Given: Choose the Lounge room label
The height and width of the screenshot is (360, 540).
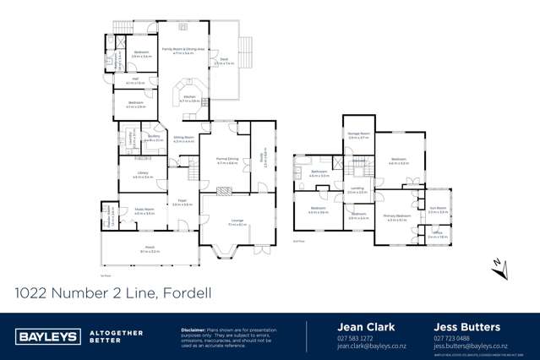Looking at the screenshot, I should click(237, 221).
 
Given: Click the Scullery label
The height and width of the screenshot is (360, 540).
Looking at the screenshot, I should click(154, 137).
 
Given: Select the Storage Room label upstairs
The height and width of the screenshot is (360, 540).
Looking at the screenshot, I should click(359, 134).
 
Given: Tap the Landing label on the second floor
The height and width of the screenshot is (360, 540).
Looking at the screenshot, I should click(357, 189).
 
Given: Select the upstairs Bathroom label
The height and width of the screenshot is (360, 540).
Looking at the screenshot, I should click(319, 172).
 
